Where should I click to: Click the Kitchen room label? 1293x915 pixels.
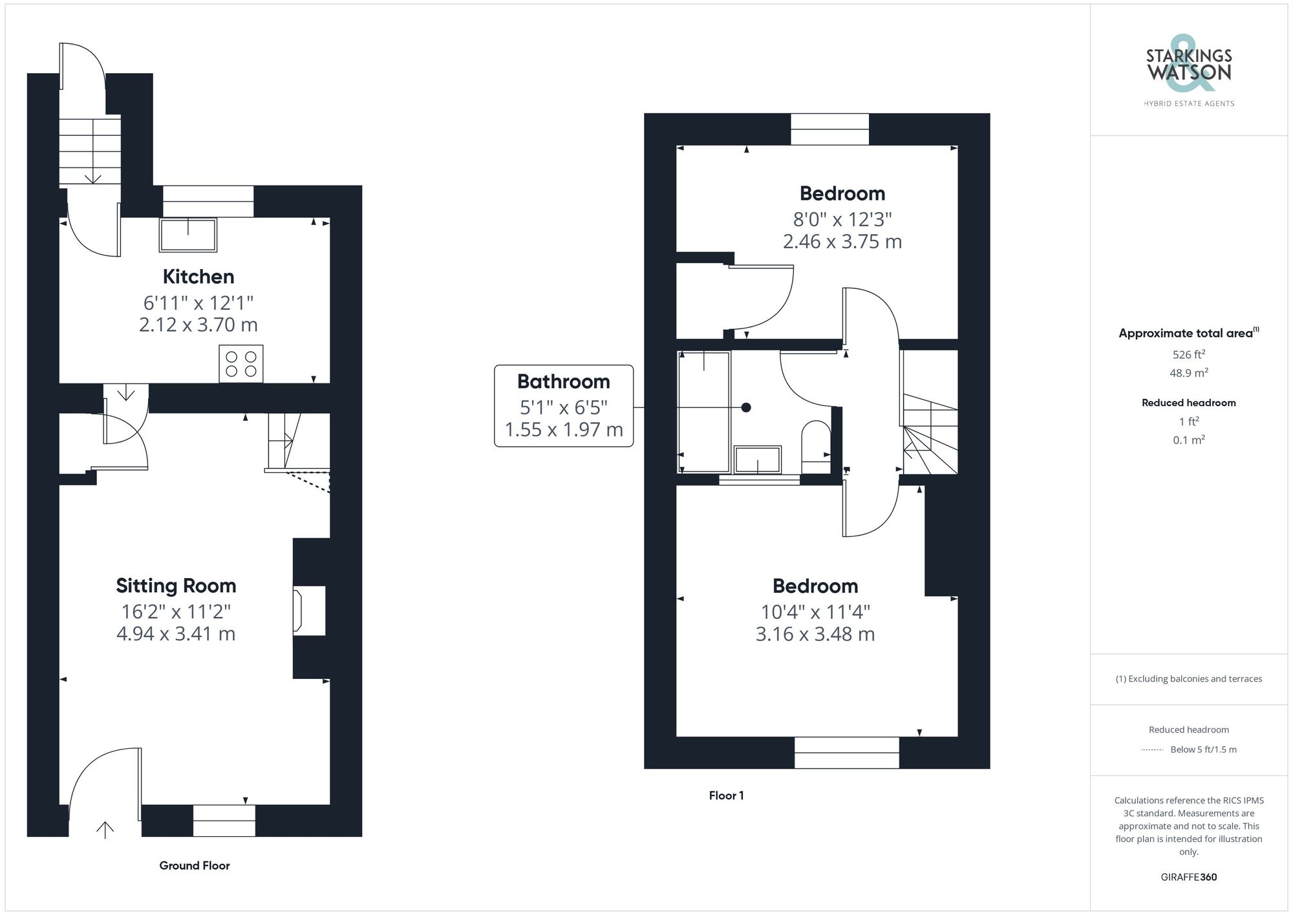pos(198,277)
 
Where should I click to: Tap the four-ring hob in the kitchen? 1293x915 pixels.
pos(241,363)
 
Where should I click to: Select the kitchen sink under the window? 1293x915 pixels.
pos(188,235)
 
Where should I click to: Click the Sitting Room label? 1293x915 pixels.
pos(176,586)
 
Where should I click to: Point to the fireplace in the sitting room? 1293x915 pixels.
pos(309,610)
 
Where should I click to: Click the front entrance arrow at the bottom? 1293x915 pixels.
pos(105,829)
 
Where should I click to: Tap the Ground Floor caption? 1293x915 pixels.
pos(195,865)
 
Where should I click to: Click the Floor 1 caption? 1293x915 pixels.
pos(726,795)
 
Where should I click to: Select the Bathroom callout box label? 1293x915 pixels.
pos(563,382)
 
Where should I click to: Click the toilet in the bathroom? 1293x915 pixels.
pos(815,446)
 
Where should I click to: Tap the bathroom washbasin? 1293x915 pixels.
pos(757,459)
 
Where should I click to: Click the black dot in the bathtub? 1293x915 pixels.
pos(746,407)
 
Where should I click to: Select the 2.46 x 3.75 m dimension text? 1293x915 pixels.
pos(842,242)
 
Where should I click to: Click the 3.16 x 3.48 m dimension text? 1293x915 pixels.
pos(815,634)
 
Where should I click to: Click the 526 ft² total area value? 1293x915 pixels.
pos(1188,354)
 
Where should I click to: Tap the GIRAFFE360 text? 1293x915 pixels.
pos(1188,877)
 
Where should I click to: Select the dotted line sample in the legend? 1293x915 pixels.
pos(1152,750)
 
